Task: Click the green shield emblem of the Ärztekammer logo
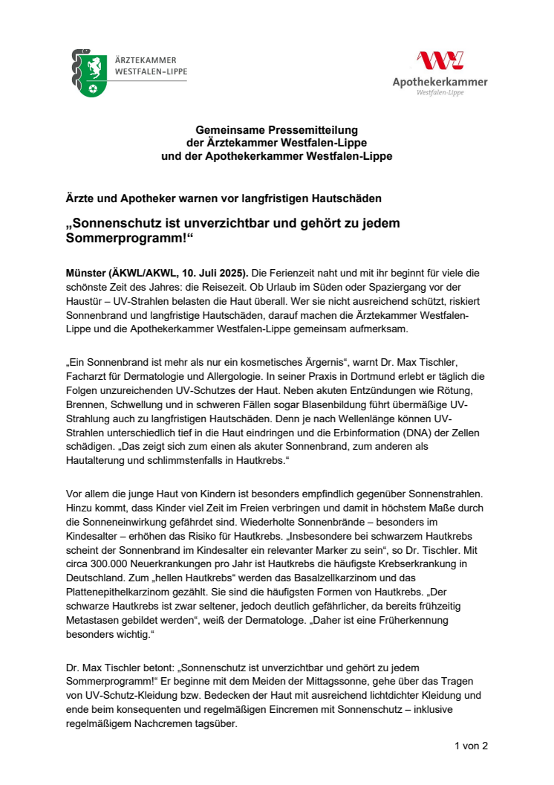tap(90, 74)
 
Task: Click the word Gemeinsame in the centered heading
tap(221, 130)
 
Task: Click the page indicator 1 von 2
tap(471, 746)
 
